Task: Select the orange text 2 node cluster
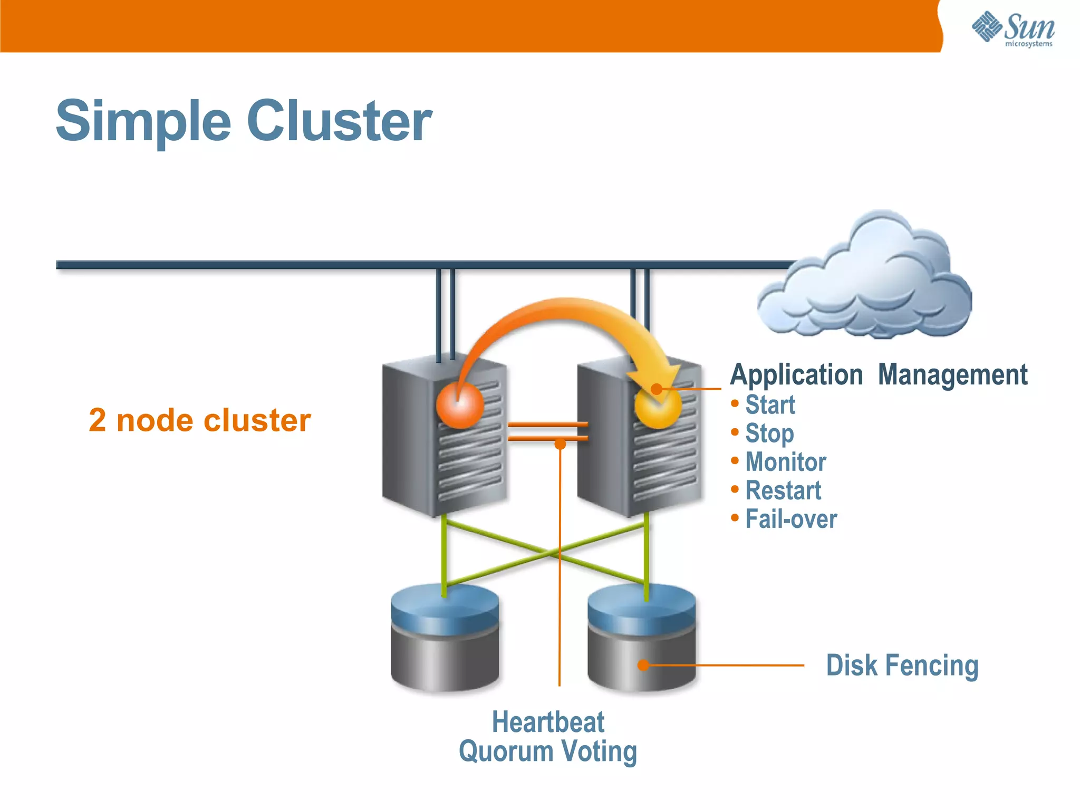(199, 420)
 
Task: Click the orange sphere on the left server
(460, 405)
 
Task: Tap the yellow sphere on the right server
(658, 405)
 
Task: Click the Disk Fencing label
(902, 666)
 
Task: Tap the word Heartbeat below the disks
(548, 722)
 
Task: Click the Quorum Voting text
(548, 751)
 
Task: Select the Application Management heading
(879, 375)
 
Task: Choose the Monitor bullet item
(785, 462)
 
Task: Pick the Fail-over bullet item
(790, 519)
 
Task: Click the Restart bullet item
(783, 490)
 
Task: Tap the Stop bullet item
(769, 433)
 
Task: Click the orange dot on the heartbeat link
(560, 445)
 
